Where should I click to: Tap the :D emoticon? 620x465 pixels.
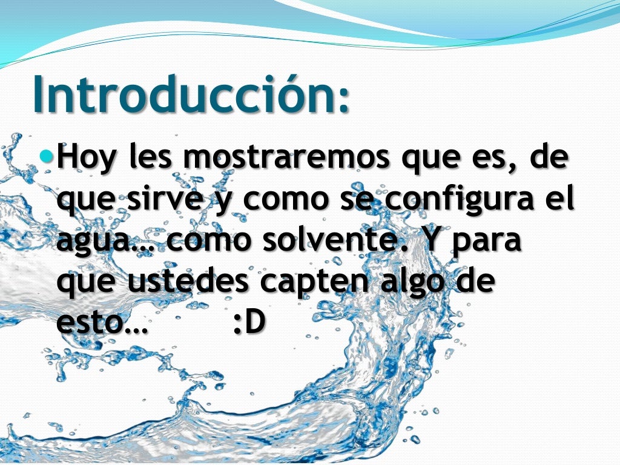[249, 323]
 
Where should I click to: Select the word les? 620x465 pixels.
[152, 159]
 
